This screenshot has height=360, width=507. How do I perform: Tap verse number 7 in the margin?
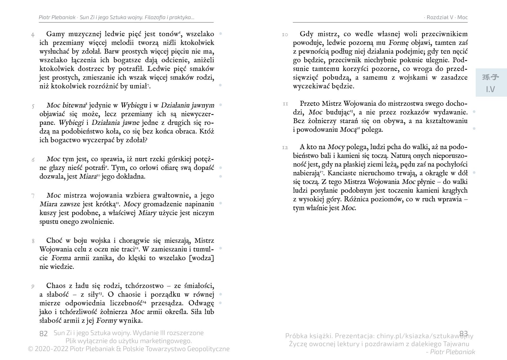pyautogui.click(x=33, y=196)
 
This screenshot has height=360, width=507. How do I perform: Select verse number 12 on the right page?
pyautogui.click(x=285, y=147)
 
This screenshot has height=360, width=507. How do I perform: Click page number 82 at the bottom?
pyautogui.click(x=43, y=334)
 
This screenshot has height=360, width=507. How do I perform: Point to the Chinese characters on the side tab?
pyautogui.click(x=491, y=77)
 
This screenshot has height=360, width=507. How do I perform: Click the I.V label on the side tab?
pyautogui.click(x=491, y=89)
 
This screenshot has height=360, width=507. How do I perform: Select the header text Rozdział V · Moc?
pyautogui.click(x=447, y=17)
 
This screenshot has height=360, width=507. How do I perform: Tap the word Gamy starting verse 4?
pyautogui.click(x=56, y=34)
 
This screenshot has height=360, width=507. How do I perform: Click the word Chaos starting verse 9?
pyautogui.click(x=57, y=286)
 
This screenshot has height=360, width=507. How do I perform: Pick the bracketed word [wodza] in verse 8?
pyautogui.click(x=201, y=258)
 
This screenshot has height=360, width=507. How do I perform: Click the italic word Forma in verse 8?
pyautogui.click(x=61, y=258)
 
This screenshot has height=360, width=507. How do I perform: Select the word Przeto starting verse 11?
pyautogui.click(x=310, y=103)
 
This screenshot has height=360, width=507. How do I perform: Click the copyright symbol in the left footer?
pyautogui.click(x=30, y=349)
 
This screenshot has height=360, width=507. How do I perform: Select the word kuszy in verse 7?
pyautogui.click(x=48, y=213)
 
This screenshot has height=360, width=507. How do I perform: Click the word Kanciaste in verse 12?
pyautogui.click(x=343, y=173)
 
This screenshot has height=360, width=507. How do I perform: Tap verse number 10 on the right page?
pyautogui.click(x=285, y=35)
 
